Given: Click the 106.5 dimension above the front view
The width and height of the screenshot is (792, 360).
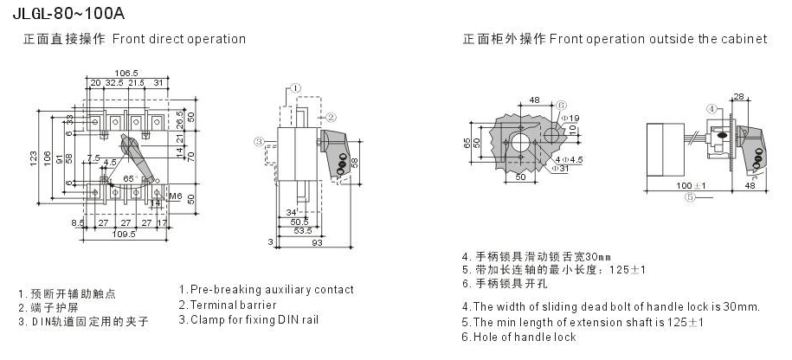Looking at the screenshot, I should click(x=128, y=72).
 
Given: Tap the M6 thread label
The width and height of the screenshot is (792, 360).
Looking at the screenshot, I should click(x=174, y=196).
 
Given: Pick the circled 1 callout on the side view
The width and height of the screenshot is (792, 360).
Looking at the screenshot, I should click(x=295, y=88).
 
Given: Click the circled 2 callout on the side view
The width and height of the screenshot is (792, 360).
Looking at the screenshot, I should click(x=331, y=115).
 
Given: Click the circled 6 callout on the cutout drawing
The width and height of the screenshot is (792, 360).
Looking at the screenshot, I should click(x=560, y=102).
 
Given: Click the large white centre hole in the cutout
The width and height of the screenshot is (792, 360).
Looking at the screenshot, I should click(x=521, y=141).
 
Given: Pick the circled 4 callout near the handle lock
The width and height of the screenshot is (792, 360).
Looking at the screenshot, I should click(x=712, y=109).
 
